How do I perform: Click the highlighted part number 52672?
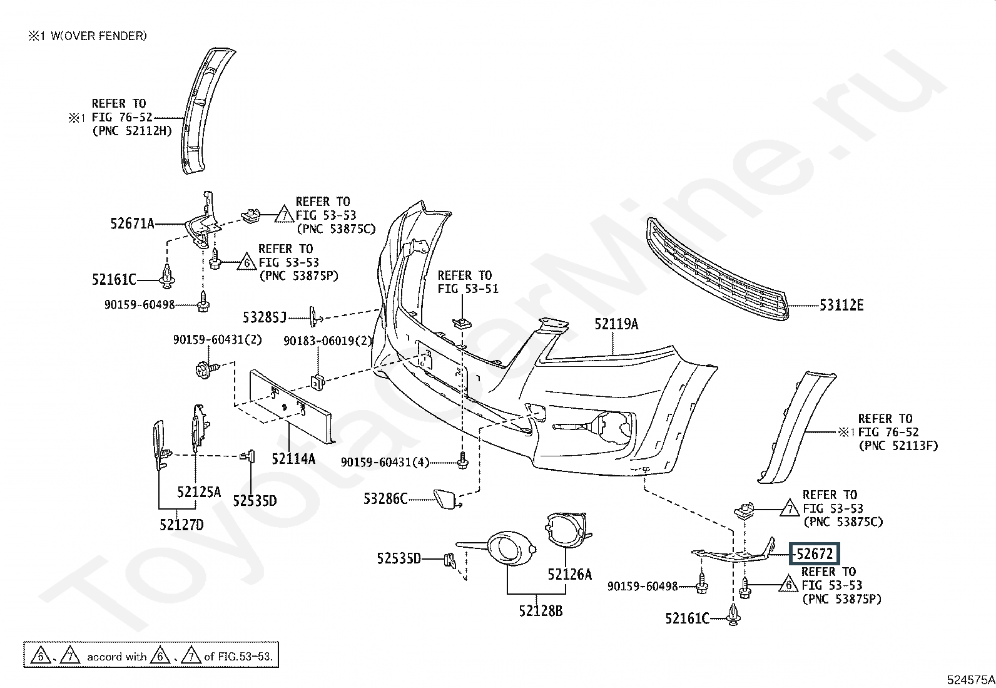(815, 554)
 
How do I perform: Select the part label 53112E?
(841, 305)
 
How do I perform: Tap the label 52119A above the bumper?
(616, 324)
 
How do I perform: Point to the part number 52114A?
(293, 458)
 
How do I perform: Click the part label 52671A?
(132, 223)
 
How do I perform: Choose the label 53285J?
(265, 317)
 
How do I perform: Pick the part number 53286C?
(385, 498)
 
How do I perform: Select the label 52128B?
(541, 610)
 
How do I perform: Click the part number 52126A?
(569, 575)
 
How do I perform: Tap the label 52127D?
(181, 525)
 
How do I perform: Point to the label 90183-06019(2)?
(328, 341)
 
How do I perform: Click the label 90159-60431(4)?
(385, 463)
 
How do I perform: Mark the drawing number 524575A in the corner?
(970, 679)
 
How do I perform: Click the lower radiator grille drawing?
(717, 269)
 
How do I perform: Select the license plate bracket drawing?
(292, 406)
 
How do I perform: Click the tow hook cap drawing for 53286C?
(446, 499)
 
